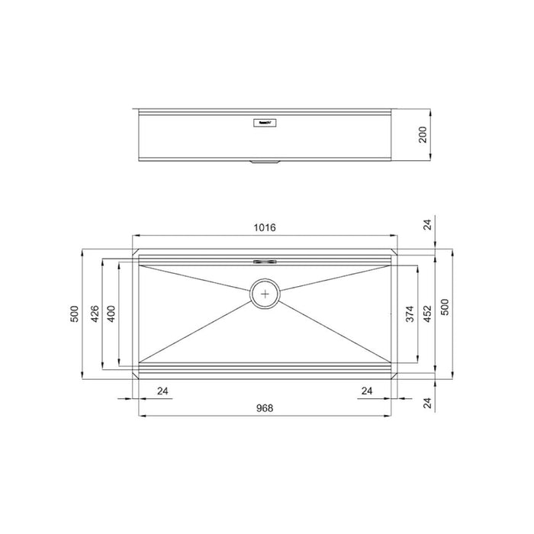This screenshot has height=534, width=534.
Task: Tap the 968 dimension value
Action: pyautogui.click(x=265, y=408)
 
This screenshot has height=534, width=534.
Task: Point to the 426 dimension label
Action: pyautogui.click(x=95, y=314)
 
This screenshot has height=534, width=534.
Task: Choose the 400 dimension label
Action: pyautogui.click(x=111, y=314)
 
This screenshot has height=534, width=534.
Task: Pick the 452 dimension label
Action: pyautogui.click(x=428, y=314)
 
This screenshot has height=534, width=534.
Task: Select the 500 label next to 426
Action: pyautogui.click(x=75, y=314)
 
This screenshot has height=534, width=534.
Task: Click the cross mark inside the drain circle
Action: pyautogui.click(x=265, y=293)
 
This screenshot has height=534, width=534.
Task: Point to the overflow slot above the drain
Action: pyautogui.click(x=265, y=260)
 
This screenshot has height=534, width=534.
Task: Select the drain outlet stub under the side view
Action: pyautogui.click(x=265, y=162)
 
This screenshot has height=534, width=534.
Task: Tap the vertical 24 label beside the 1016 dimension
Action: pyautogui.click(x=428, y=224)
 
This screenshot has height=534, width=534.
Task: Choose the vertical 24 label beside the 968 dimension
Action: pyautogui.click(x=428, y=404)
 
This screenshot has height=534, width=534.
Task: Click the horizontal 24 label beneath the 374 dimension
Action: pyautogui.click(x=367, y=391)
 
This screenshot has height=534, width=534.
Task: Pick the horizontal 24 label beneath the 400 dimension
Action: pyautogui.click(x=162, y=391)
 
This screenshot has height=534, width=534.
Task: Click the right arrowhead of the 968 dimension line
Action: pyautogui.click(x=391, y=417)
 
